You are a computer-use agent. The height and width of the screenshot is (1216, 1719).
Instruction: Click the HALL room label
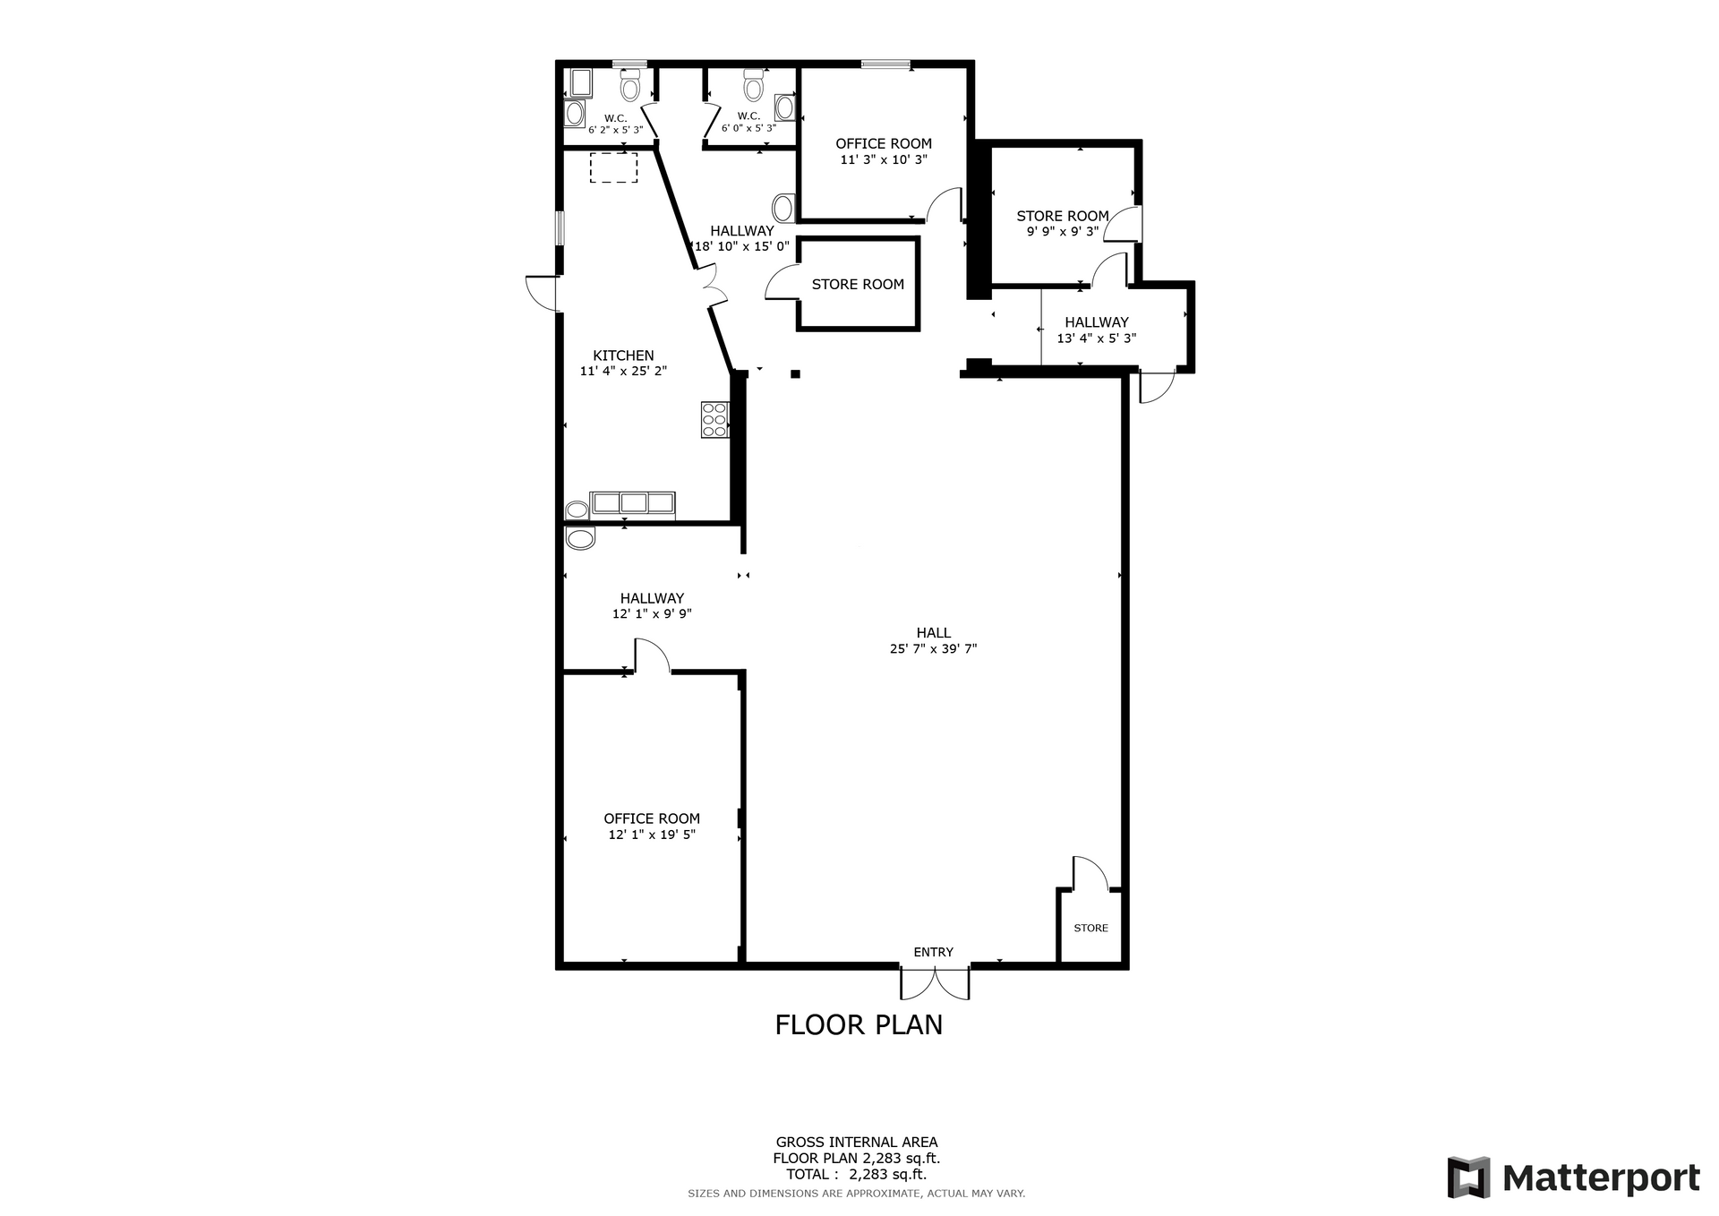coord(933,633)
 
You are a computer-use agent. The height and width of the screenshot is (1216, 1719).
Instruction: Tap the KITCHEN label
coord(623,355)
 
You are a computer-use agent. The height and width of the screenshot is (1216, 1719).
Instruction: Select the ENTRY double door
coord(935,982)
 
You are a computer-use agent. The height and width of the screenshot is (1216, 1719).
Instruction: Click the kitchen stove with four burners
coord(714,420)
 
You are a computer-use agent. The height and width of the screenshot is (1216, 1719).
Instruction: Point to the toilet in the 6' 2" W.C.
coord(630,87)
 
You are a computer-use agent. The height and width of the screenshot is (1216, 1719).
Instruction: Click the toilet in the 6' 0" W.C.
coord(754,87)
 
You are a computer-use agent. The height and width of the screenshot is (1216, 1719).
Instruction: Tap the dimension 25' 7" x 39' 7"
coord(933,649)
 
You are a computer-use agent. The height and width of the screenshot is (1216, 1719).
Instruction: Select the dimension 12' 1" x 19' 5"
coord(652,835)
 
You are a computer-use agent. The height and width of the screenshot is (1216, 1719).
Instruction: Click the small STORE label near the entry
coord(1090,928)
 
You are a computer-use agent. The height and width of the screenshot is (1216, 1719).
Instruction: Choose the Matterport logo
coord(1573,1177)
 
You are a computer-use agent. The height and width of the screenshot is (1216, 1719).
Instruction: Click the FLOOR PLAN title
coord(859,1024)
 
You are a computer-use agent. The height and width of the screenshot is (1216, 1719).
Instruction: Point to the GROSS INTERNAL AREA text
coord(857,1142)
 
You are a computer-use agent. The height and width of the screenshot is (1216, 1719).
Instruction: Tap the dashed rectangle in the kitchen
coord(613,167)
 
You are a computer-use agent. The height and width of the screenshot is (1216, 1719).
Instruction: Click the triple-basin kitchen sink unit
coord(632,504)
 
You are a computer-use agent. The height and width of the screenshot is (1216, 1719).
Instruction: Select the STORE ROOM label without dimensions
coord(858,284)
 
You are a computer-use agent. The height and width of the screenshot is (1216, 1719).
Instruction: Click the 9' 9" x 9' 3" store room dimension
coord(1063,231)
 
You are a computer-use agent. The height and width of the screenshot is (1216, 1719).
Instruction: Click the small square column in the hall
coord(795,374)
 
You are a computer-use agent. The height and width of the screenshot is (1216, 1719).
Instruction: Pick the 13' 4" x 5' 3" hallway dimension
coord(1096,338)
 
